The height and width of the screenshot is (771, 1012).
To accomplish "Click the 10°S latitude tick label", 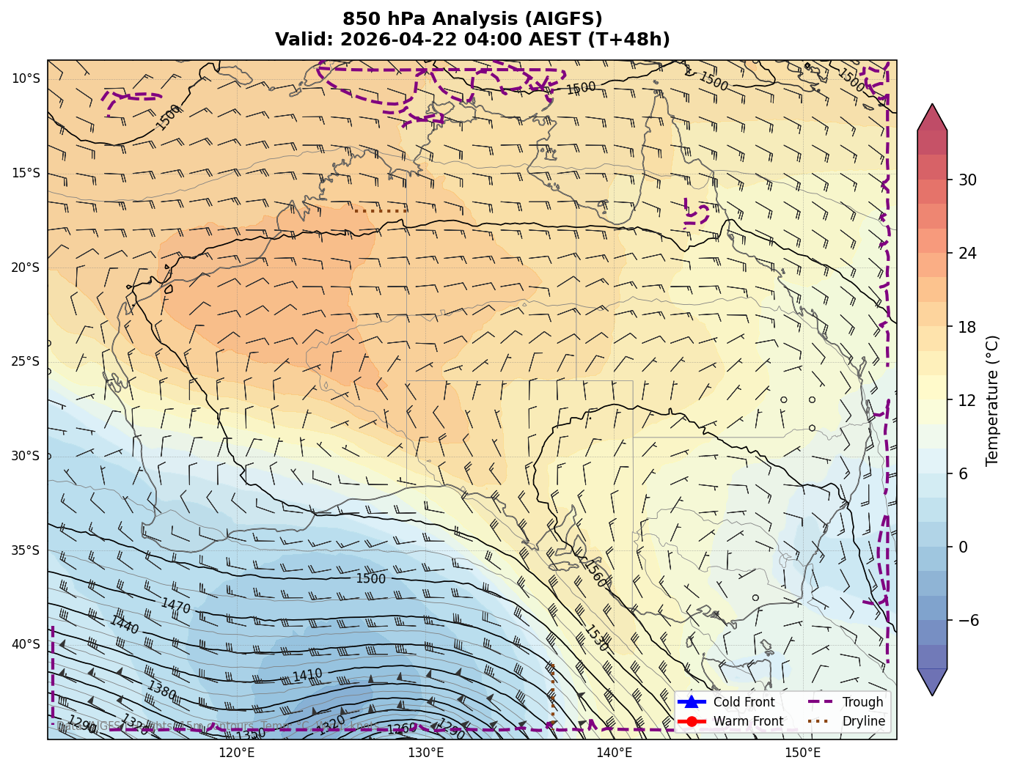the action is click(x=26, y=78).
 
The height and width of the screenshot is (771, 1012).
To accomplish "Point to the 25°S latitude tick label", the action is click(x=26, y=361).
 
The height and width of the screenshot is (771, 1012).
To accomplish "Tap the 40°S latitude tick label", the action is click(x=26, y=644).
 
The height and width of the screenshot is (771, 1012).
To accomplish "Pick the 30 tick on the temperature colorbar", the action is click(x=967, y=180).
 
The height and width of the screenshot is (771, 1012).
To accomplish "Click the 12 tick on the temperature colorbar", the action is click(x=967, y=400).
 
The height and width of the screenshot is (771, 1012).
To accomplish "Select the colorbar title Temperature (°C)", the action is click(x=993, y=400).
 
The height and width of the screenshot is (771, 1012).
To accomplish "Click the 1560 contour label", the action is click(x=595, y=574).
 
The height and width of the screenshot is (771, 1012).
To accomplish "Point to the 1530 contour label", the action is click(x=595, y=638).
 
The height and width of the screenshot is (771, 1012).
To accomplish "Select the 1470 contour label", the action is click(x=175, y=605).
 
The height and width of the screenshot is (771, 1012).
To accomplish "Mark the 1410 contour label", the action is click(x=307, y=675).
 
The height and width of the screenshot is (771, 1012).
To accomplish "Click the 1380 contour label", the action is click(x=162, y=690).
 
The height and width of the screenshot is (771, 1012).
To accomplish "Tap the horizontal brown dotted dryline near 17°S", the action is click(x=381, y=211).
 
